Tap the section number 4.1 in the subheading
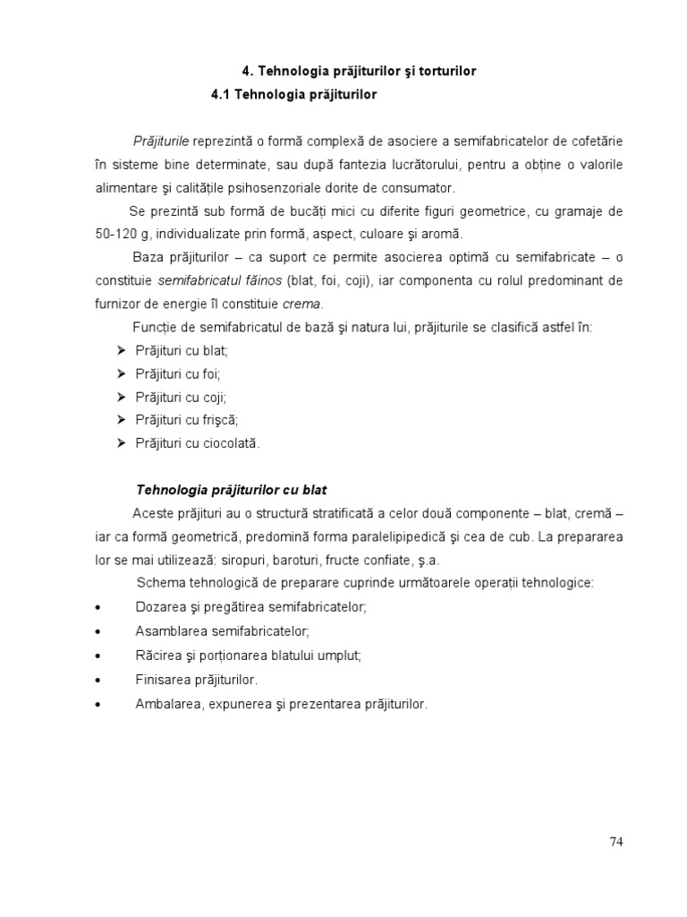(x=221, y=93)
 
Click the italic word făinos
(x=258, y=280)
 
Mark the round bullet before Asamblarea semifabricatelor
(x=97, y=630)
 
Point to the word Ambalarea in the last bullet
(x=167, y=704)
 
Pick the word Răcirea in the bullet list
(x=157, y=655)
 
